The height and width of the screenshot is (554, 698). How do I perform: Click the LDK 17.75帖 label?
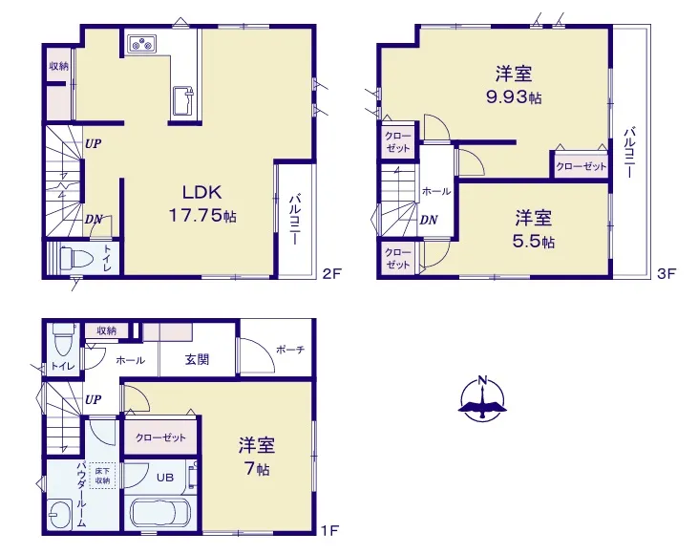pos(202,204)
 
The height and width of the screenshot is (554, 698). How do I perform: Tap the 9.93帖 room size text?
pos(514,96)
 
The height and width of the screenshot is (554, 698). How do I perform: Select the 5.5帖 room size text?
pos(534,242)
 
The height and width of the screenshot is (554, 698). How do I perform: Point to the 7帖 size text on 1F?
pos(257,469)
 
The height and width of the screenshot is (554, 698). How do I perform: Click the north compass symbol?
pos(482,398)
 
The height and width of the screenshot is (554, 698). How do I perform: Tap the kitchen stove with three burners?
pos(142,44)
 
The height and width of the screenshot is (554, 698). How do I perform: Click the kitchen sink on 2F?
pos(183,101)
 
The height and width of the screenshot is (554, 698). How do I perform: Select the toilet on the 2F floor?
pos(75,257)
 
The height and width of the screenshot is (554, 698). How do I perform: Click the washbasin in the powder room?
pos(60,515)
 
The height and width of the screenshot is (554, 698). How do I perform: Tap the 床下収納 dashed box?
pos(102,476)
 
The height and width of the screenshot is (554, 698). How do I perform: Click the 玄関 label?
pos(197,359)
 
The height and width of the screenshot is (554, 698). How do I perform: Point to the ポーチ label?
pos(290,350)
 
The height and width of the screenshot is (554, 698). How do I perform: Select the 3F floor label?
pos(666,273)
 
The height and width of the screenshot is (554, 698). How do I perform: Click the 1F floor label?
pos(330,530)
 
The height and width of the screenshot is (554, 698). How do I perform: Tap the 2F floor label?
pos(331,273)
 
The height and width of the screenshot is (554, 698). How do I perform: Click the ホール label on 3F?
pos(435,191)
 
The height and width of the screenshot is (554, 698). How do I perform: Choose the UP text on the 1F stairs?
pos(93,399)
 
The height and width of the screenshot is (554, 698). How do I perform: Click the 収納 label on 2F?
pos(59,66)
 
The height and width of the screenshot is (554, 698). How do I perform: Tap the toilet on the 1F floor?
pos(61,341)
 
